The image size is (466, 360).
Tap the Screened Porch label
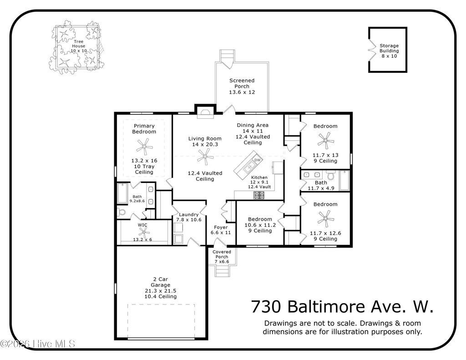coord(242,84)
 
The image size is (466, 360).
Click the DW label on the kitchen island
coord(257,160)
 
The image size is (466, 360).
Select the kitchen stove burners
coord(258,195)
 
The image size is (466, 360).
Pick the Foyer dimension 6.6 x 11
coord(221,233)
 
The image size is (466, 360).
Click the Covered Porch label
coord(222,254)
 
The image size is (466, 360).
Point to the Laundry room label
coord(188,214)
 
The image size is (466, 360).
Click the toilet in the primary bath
coord(121,213)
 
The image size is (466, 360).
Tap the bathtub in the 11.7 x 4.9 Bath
coord(344,180)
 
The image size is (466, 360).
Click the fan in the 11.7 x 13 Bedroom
coord(324,140)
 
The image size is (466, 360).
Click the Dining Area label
coord(253,125)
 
